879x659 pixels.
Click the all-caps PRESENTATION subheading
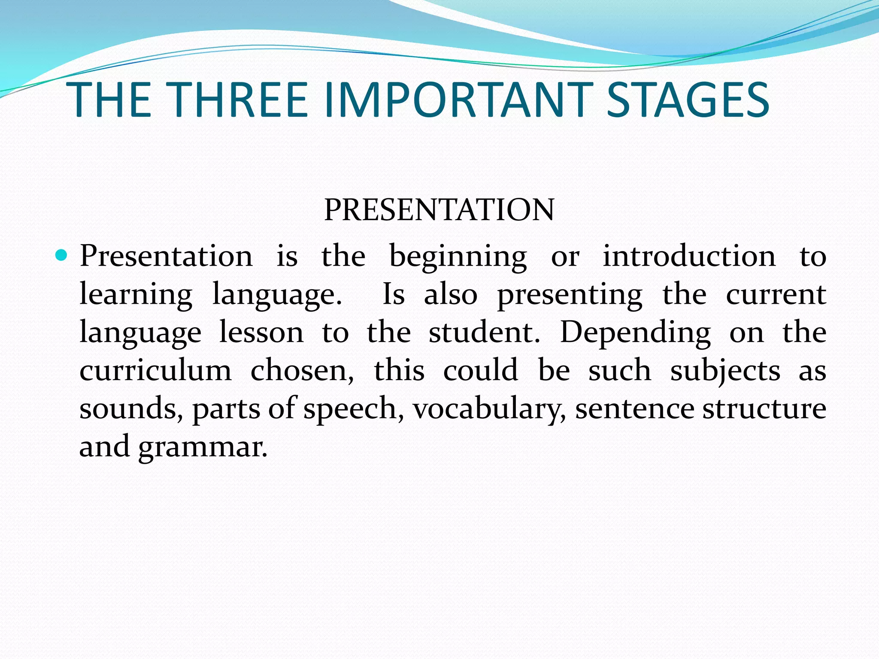(x=439, y=210)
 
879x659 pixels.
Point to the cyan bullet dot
(x=62, y=256)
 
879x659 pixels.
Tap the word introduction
(x=689, y=256)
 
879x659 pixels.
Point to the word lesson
(x=261, y=333)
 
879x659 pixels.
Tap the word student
(x=484, y=333)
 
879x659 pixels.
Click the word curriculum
(x=155, y=370)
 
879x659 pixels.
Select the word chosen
(x=302, y=370)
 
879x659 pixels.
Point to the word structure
(x=764, y=408)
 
